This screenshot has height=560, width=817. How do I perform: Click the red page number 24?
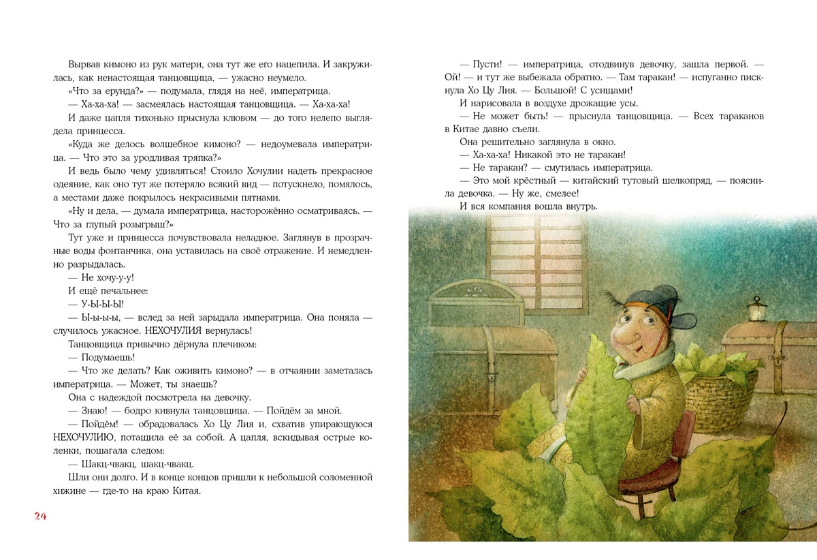tap(39, 516)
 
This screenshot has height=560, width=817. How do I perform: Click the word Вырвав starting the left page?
tap(86, 64)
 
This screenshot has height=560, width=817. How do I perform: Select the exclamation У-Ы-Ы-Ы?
tap(88, 304)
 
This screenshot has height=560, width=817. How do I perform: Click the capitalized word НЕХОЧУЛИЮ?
tap(90, 437)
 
